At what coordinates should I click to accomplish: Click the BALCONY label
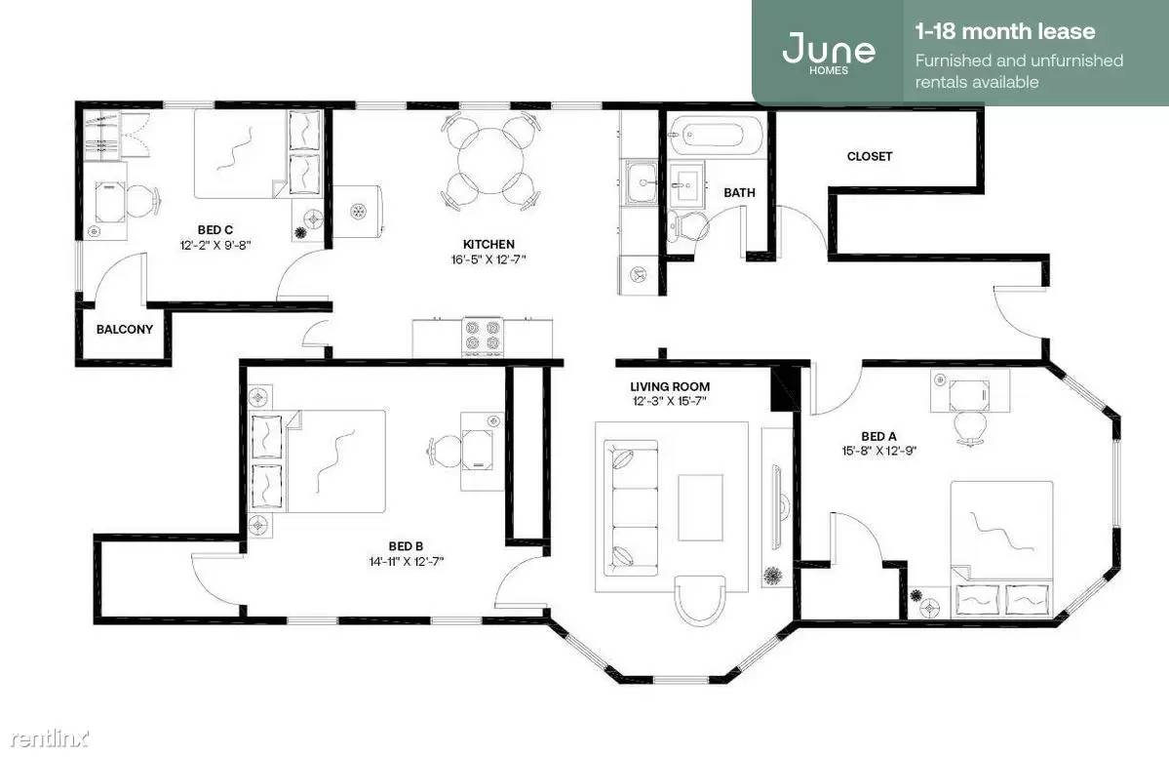[125, 329]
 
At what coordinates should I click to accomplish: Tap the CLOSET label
[870, 156]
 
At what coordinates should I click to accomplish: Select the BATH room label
[740, 192]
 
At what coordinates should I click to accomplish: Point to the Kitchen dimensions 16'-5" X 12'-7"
[488, 259]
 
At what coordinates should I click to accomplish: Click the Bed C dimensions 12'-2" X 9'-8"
[214, 245]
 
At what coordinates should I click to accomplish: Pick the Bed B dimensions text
[407, 562]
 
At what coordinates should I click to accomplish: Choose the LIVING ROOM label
[670, 386]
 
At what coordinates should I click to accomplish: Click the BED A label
[878, 436]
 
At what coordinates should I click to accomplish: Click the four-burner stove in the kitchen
[483, 338]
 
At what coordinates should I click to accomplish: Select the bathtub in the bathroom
[715, 135]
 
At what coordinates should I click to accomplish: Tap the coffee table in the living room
[700, 507]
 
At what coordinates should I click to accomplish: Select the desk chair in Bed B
[444, 452]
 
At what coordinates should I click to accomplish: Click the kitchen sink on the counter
[641, 181]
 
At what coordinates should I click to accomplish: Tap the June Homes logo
[829, 52]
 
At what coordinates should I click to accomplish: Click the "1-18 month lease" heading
[1005, 31]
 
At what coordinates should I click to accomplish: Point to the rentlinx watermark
[49, 738]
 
